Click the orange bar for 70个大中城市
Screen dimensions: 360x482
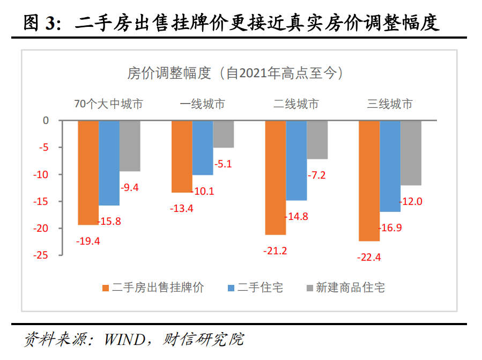[88, 172]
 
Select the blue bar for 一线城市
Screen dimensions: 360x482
[203, 148]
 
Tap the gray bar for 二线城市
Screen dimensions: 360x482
[317, 139]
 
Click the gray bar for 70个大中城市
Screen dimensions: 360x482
[130, 146]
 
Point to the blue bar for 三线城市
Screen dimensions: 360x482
[390, 166]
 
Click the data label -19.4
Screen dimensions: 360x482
[88, 241]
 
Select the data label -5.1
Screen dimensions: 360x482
[223, 164]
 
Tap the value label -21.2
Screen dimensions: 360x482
[275, 251]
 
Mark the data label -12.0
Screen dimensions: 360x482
[412, 201]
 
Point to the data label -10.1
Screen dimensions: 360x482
[202, 191]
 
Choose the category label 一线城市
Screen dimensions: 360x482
[202, 104]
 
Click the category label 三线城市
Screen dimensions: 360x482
[390, 104]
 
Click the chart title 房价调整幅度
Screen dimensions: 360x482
[235, 74]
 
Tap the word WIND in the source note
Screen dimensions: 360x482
[125, 340]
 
